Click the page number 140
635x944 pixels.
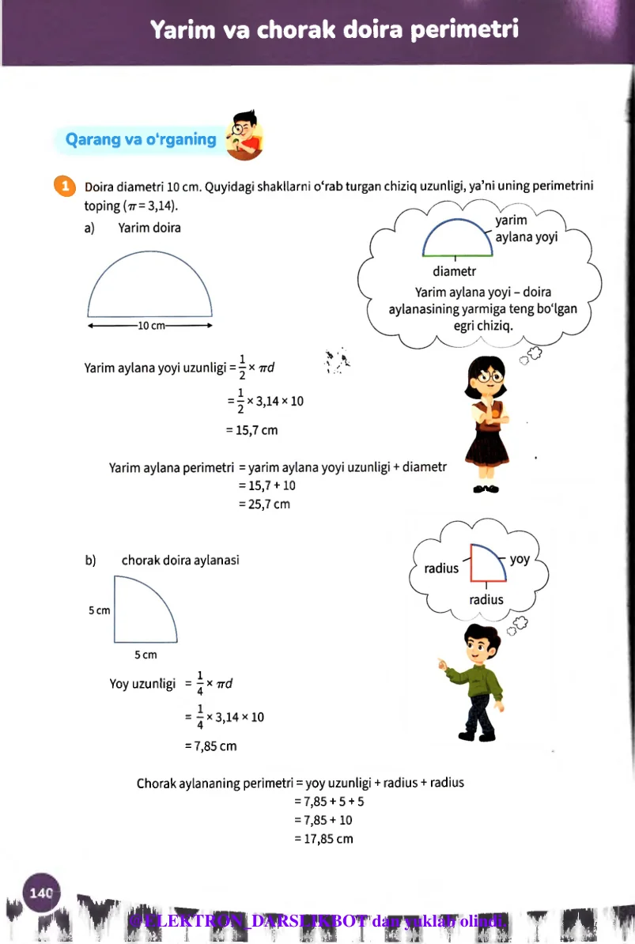(40, 893)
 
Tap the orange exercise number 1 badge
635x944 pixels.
(64, 186)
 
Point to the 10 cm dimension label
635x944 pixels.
(150, 325)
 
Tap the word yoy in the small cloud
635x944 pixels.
(520, 559)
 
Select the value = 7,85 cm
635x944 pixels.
(210, 745)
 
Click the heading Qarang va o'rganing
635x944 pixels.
(141, 140)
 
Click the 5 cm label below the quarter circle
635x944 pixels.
(146, 654)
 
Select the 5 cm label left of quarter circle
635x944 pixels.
(99, 610)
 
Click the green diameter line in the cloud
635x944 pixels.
(458, 256)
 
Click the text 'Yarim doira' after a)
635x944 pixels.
(149, 228)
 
